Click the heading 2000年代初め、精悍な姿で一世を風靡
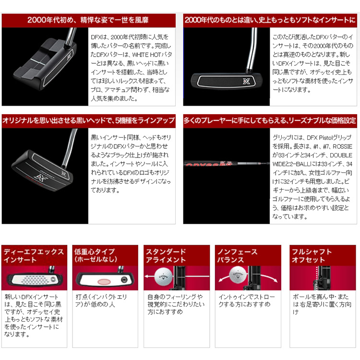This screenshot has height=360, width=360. click(88, 20)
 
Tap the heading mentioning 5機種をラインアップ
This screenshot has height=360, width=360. click(89, 120)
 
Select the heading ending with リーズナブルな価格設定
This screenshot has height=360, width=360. click(270, 120)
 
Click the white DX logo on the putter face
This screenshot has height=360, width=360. click(247, 81)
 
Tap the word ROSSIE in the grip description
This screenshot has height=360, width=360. click(342, 146)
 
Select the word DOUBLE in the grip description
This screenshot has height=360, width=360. click(341, 155)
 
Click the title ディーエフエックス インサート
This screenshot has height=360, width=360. click(34, 256)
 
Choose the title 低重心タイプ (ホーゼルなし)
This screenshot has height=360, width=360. click(96, 256)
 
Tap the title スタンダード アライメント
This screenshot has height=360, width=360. click(166, 256)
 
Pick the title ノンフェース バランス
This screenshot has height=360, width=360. click(238, 256)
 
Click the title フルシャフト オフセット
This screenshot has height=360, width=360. click(312, 256)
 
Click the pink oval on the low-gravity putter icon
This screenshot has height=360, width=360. click(104, 281)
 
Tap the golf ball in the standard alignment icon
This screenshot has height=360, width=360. click(163, 277)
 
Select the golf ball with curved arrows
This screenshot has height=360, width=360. click(238, 275)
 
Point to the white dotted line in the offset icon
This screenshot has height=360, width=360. click(317, 278)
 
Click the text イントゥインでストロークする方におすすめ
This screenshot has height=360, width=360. click(247, 300)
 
